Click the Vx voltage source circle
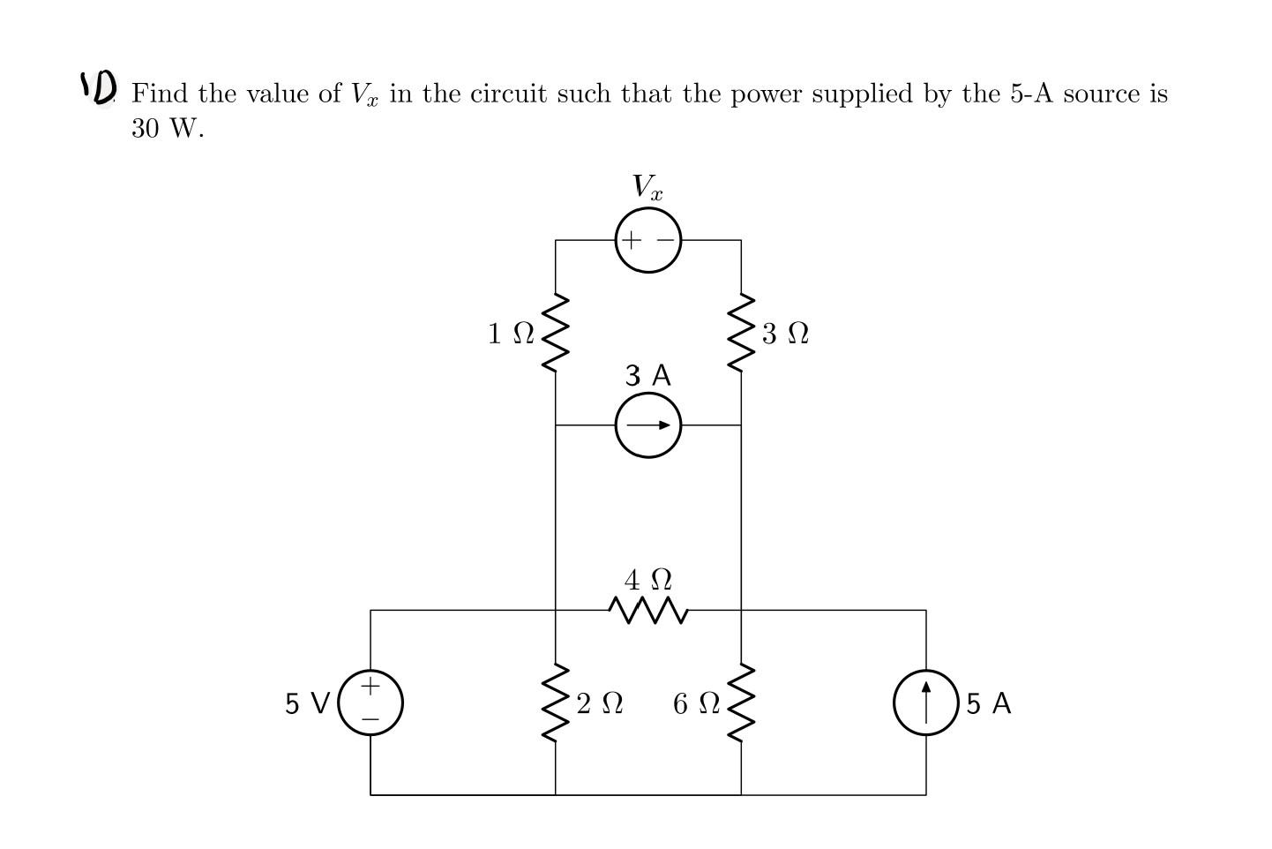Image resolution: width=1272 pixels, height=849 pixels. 648,240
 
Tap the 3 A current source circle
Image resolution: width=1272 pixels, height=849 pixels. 648,425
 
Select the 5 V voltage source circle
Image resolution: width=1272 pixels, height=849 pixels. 370,702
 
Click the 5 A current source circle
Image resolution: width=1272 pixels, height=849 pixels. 925,702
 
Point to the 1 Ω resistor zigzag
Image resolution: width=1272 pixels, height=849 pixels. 555,333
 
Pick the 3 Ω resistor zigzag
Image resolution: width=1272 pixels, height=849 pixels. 741,333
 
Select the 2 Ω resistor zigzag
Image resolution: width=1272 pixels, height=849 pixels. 555,702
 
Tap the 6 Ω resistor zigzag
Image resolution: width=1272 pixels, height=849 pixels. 741,702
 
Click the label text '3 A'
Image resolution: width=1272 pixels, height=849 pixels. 648,376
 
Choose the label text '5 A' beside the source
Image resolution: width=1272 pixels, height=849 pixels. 989,703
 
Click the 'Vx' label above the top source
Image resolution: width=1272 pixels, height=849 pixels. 647,187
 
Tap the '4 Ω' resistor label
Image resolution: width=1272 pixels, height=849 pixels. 648,580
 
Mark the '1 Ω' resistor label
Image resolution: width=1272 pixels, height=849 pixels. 511,334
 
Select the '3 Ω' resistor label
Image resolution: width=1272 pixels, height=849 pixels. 785,334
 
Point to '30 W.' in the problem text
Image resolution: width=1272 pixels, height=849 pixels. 168,129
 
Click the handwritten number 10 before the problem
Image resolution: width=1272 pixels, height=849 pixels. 99,86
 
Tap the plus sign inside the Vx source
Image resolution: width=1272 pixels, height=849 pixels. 630,240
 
